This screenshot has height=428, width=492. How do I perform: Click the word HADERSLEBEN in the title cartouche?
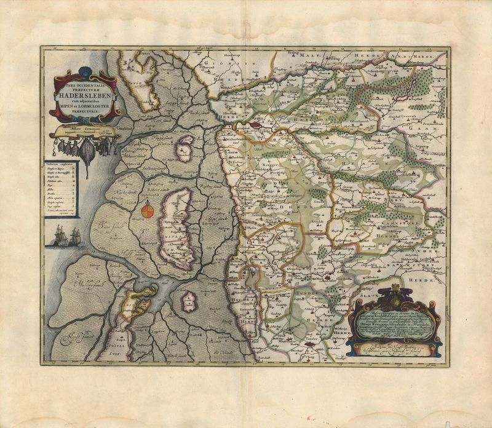click(x=84, y=95)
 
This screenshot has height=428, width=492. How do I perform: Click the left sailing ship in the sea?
click(x=59, y=236)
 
